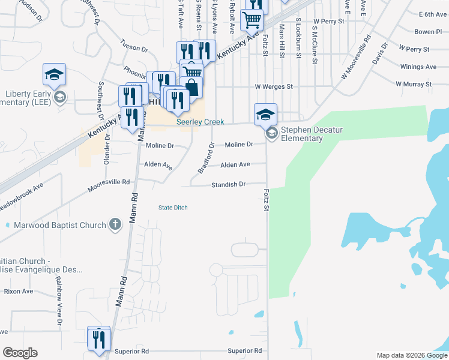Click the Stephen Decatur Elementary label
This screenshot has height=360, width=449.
pyautogui.click(x=302, y=134)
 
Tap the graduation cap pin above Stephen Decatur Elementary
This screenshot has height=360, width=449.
pyautogui.click(x=265, y=113)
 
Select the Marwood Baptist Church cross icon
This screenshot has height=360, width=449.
pyautogui.click(x=115, y=225)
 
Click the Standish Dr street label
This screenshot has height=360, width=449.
pyautogui.click(x=228, y=185)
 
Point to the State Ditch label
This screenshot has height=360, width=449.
pyautogui.click(x=173, y=208)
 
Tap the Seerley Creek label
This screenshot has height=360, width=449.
pyautogui.click(x=200, y=122)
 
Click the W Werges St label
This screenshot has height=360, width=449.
pyautogui.click(x=273, y=86)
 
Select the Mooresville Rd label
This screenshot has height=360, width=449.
pyautogui.click(x=109, y=182)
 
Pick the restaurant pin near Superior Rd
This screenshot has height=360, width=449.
pyautogui.click(x=99, y=339)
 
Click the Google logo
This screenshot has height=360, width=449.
pyautogui.click(x=20, y=353)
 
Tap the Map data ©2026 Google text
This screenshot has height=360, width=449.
pyautogui.click(x=411, y=355)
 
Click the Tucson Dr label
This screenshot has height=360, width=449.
pyautogui.click(x=134, y=47)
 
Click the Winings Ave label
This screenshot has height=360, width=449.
pyautogui.click(x=418, y=67)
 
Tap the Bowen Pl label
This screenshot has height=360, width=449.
pyautogui.click(x=427, y=31)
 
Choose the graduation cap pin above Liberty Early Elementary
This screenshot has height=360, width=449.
pyautogui.click(x=54, y=75)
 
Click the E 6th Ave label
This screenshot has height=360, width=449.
pyautogui.click(x=433, y=14)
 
